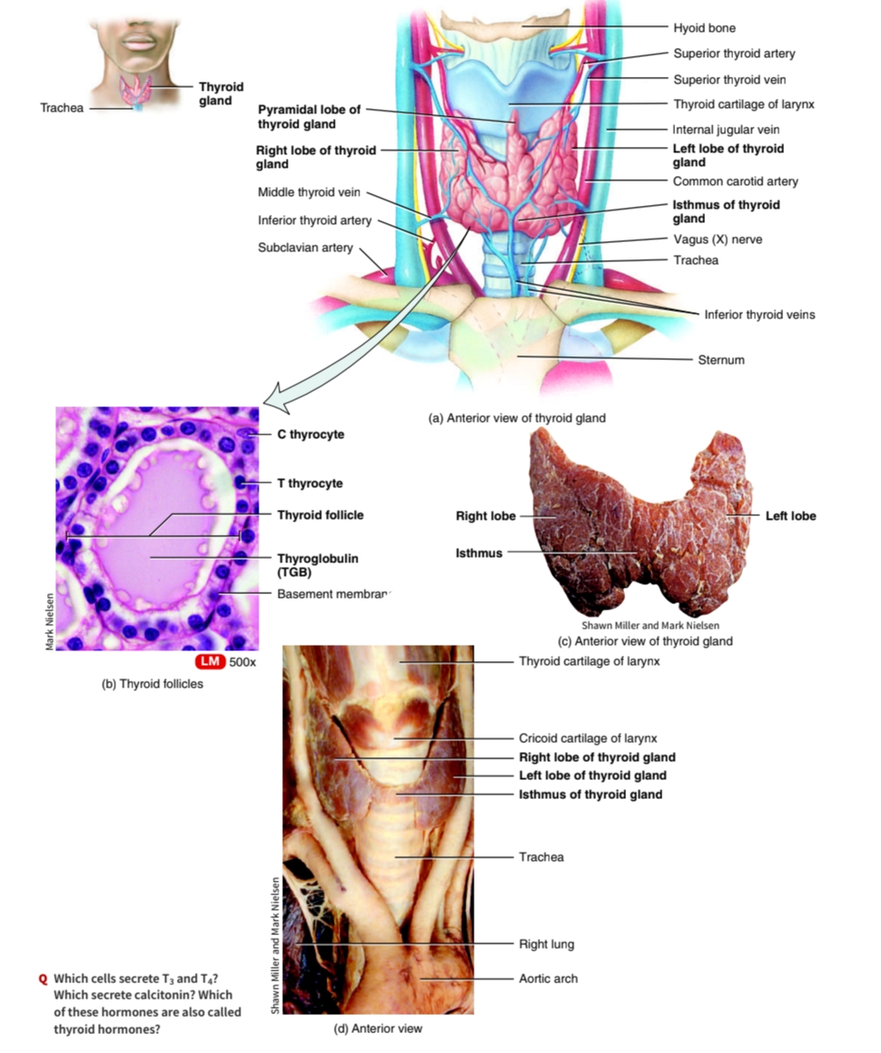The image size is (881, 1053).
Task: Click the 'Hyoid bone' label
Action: pos(704,28)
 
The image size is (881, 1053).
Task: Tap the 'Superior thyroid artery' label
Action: pos(734,54)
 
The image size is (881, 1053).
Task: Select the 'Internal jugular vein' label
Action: pos(726,130)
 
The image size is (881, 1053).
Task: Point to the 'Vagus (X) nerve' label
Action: pos(717,239)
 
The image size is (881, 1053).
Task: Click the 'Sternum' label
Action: pos(720,360)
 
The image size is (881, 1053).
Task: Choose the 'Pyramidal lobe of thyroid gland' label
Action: pos(308,117)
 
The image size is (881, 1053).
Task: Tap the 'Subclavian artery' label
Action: pos(305,248)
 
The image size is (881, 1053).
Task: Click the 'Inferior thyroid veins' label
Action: pos(759,315)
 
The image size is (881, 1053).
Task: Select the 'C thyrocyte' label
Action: pos(310,434)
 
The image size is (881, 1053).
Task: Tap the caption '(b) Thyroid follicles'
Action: pos(152,684)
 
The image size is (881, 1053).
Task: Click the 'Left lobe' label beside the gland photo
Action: pos(790,516)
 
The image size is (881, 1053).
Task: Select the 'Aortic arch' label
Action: pos(548,979)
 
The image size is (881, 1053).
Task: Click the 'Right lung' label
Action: pos(546,944)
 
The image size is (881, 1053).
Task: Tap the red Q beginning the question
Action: pos(43,979)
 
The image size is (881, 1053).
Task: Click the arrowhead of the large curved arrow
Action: pos(271,398)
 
